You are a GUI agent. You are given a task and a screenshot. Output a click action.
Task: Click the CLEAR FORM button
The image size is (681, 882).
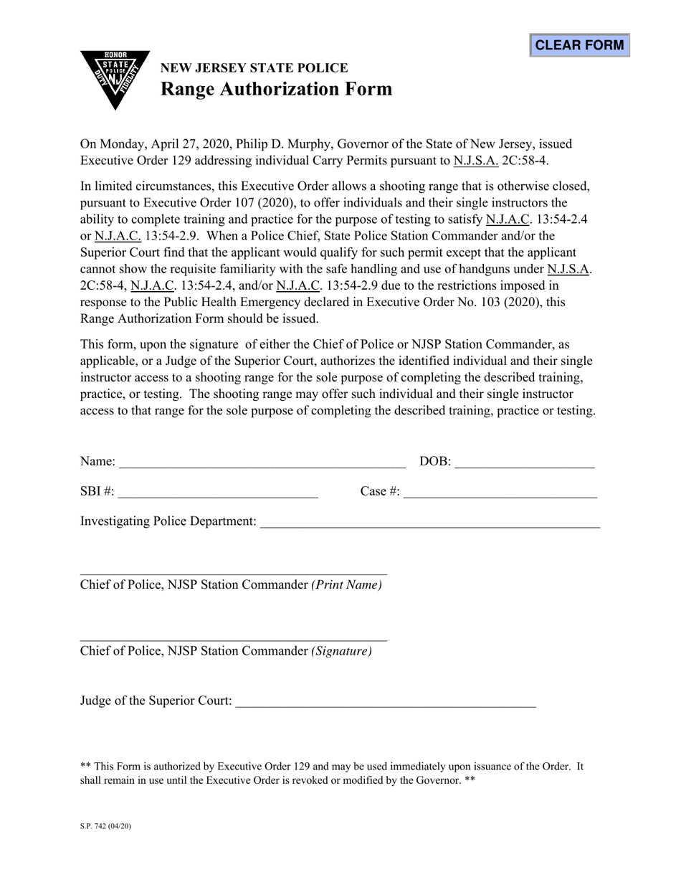(x=579, y=45)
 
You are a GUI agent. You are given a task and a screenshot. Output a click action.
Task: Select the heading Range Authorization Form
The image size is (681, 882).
(x=276, y=89)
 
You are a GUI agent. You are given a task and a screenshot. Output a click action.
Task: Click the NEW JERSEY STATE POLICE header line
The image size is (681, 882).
(x=254, y=68)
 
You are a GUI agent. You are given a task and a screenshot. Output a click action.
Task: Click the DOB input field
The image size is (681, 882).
(x=524, y=461)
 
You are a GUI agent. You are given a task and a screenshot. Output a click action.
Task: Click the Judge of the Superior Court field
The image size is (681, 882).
(x=385, y=701)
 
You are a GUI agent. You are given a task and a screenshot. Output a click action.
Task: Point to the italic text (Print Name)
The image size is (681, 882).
(x=346, y=585)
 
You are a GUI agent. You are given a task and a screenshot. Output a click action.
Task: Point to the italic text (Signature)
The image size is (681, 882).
(x=341, y=651)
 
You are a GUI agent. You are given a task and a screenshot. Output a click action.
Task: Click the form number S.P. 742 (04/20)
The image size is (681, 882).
(x=105, y=826)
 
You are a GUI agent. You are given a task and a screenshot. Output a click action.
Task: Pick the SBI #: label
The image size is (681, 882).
(x=97, y=491)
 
